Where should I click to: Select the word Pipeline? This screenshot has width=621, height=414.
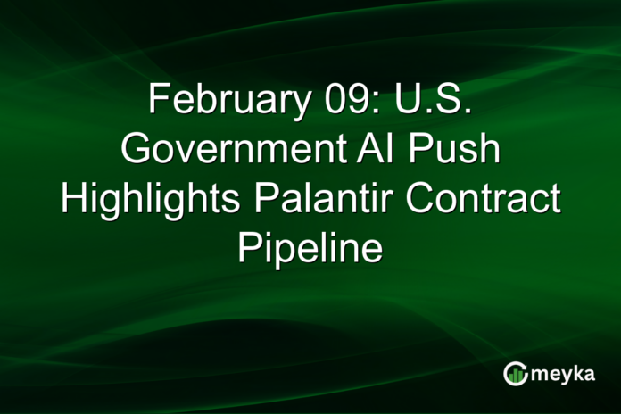310,247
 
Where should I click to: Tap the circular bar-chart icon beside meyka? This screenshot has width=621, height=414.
515,374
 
